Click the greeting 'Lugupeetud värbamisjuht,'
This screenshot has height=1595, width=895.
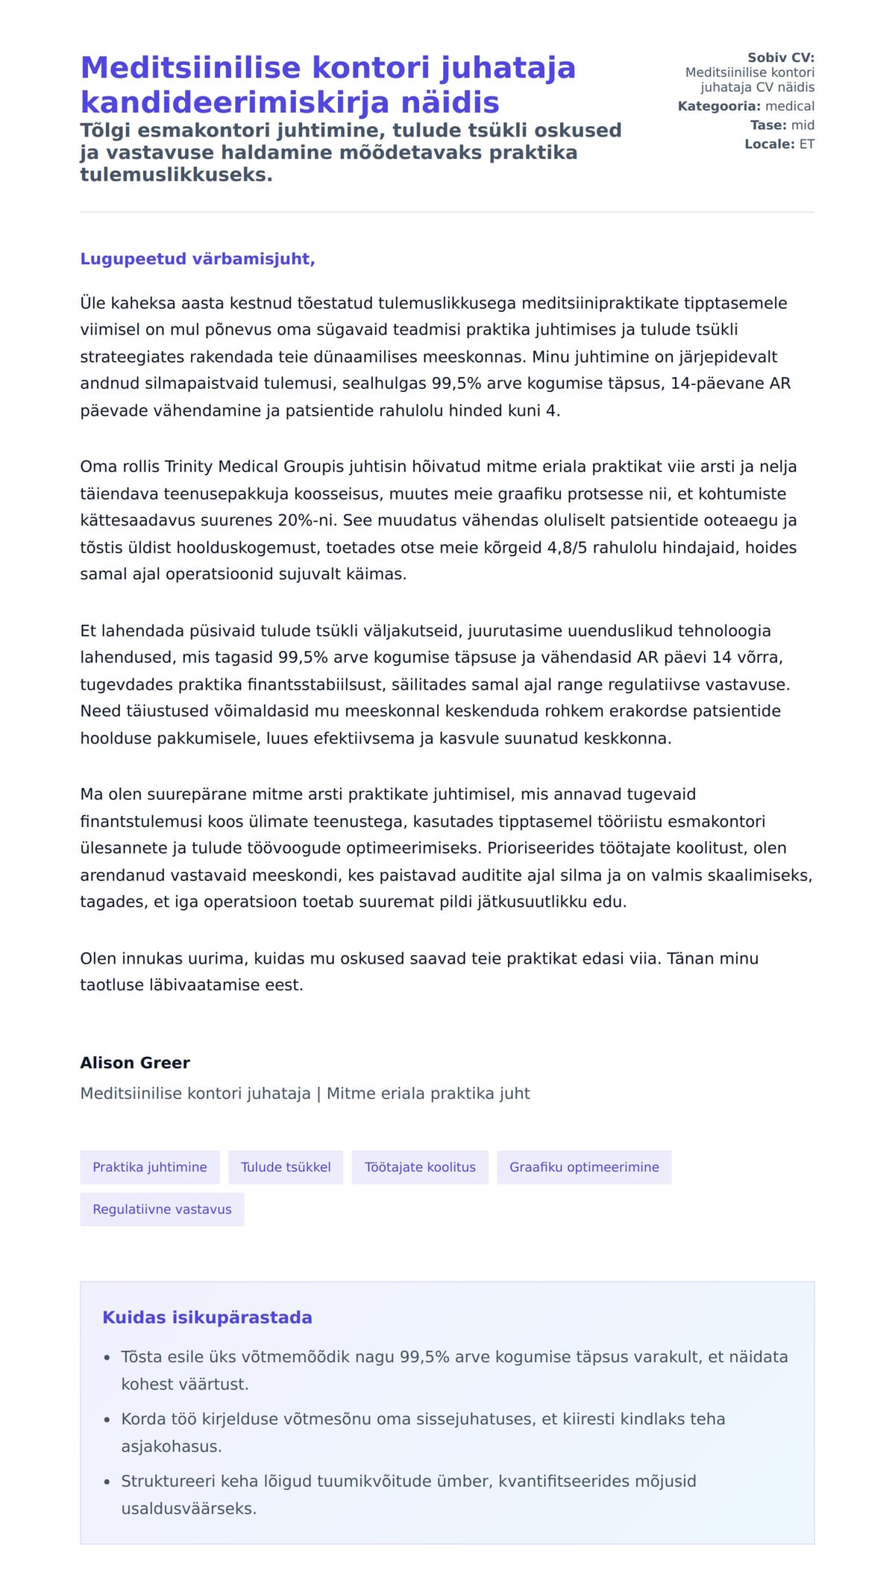coord(198,259)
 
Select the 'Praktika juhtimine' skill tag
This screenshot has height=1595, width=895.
coord(150,1167)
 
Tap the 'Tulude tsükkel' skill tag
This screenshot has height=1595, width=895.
coord(286,1167)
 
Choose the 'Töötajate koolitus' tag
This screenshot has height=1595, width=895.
coord(420,1167)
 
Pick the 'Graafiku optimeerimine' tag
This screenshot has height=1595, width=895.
coord(584,1167)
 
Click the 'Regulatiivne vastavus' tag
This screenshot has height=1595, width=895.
coord(162,1209)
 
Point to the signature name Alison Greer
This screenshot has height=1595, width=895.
coord(135,1063)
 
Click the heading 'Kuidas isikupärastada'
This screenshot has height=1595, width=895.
coord(207,1317)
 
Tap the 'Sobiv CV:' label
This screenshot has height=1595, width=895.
coord(781,57)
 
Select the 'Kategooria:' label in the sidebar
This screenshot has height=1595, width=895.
coord(719,106)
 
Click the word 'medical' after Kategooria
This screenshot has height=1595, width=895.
coord(790,106)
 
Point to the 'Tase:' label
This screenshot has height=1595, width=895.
coord(768,125)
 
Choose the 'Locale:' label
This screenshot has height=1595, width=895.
coord(770,144)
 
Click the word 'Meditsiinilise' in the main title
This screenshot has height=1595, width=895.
coord(190,68)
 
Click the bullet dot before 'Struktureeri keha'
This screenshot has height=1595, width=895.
coord(107,1482)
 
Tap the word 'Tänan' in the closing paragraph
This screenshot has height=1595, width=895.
coord(691,958)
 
